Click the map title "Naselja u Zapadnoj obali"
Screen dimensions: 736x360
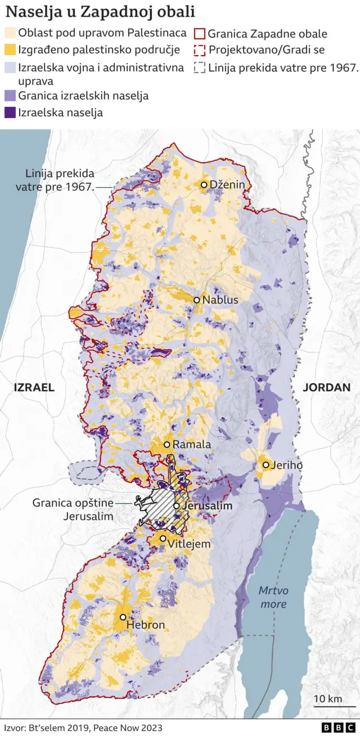click(100, 11)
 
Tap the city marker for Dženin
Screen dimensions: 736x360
click(205, 185)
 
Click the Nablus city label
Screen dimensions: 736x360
click(220, 300)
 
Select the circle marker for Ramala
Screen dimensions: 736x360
click(167, 445)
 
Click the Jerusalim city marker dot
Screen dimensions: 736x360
click(177, 506)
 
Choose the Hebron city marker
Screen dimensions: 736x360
click(123, 617)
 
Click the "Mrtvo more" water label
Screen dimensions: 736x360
click(273, 597)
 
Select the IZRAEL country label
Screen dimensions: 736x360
click(34, 387)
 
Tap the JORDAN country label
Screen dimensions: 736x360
click(326, 387)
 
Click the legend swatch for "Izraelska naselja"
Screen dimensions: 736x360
click(10, 112)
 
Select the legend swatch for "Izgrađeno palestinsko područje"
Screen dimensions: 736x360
click(10, 50)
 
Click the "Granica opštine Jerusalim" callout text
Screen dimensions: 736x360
click(73, 509)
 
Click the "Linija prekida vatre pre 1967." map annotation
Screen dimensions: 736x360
click(55, 179)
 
